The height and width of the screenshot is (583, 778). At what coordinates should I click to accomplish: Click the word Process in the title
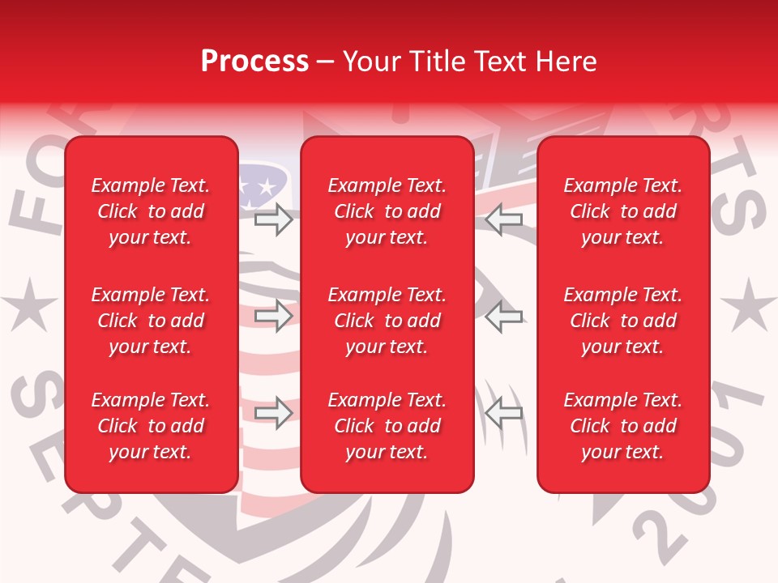pyautogui.click(x=254, y=62)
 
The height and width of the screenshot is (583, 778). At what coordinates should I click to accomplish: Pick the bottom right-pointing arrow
pyautogui.click(x=274, y=413)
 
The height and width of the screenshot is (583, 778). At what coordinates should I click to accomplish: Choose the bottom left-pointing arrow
pyautogui.click(x=504, y=413)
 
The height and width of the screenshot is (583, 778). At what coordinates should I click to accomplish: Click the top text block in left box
pyautogui.click(x=151, y=211)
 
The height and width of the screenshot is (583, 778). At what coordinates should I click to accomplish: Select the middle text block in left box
pyautogui.click(x=151, y=321)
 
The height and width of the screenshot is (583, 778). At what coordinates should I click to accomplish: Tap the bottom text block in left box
pyautogui.click(x=151, y=426)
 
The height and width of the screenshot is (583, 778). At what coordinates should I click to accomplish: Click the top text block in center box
pyautogui.click(x=387, y=211)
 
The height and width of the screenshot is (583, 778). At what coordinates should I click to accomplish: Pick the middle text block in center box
pyautogui.click(x=387, y=321)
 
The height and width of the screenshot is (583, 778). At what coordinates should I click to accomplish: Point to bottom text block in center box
pyautogui.click(x=387, y=426)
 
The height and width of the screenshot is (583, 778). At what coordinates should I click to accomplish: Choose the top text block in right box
pyautogui.click(x=623, y=211)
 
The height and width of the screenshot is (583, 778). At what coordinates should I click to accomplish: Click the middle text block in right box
pyautogui.click(x=623, y=321)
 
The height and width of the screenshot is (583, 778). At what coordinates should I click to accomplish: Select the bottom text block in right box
pyautogui.click(x=623, y=426)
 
